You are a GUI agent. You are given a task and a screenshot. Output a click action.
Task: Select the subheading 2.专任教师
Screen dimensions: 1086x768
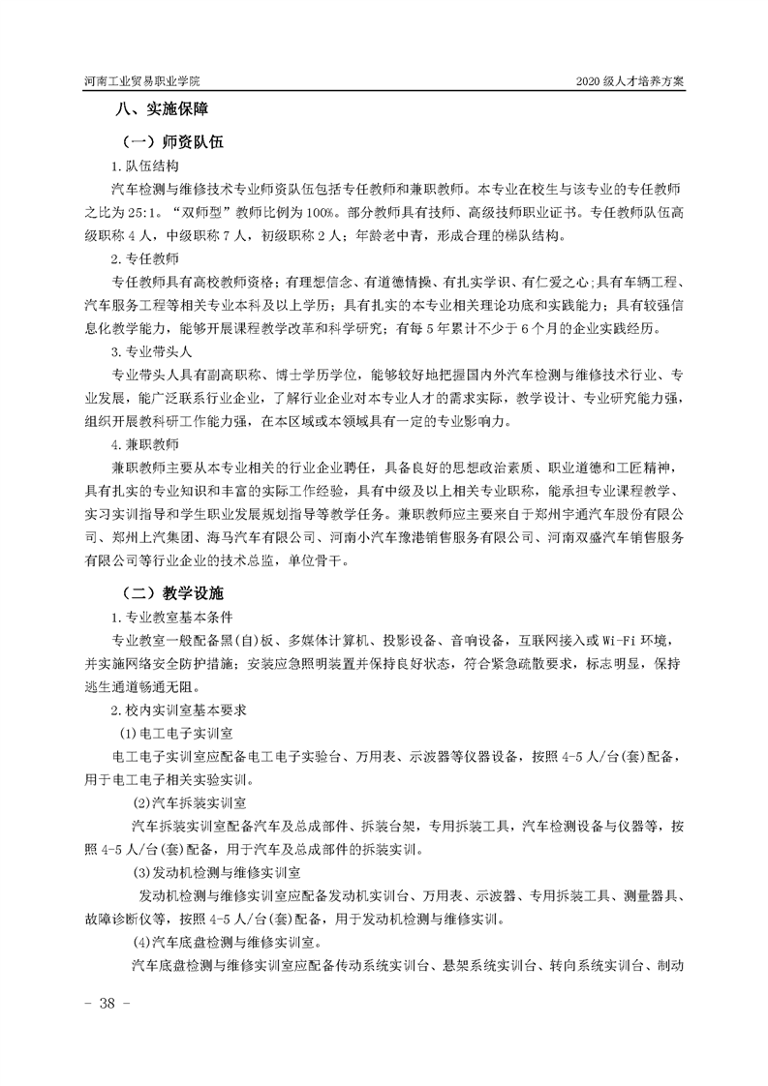point(144,258)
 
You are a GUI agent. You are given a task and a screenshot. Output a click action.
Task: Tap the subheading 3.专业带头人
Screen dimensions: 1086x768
point(151,351)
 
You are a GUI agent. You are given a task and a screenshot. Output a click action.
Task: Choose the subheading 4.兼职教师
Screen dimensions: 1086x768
point(144,444)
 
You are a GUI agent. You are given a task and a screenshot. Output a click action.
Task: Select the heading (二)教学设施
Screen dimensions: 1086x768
point(169,591)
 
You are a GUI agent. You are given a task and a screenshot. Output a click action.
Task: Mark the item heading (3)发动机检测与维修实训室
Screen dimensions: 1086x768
point(222,873)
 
